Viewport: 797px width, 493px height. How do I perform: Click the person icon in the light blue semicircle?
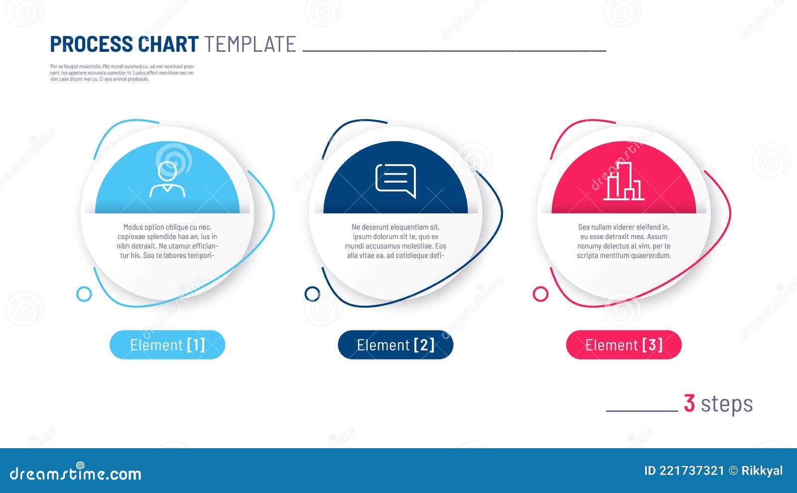(x=167, y=179)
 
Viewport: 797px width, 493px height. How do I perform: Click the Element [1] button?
(x=167, y=345)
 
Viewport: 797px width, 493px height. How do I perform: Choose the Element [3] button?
(x=624, y=345)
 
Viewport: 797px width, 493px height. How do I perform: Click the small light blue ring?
(x=84, y=294)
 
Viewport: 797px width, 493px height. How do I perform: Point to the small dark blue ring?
(x=312, y=294)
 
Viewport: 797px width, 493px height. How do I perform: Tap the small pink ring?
(x=540, y=294)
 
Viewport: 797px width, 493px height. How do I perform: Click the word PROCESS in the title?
(x=92, y=44)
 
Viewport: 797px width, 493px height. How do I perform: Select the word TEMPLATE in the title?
(x=250, y=44)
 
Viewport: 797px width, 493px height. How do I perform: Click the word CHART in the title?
(x=168, y=44)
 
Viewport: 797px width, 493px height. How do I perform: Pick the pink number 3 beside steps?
(x=689, y=403)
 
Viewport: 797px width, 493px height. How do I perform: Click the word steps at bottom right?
(x=727, y=404)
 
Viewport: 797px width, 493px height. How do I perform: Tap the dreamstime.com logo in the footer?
(x=76, y=473)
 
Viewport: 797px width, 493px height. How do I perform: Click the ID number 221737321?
(x=691, y=471)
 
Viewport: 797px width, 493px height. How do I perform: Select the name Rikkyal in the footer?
(x=762, y=471)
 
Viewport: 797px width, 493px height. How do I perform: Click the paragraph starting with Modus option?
(x=167, y=241)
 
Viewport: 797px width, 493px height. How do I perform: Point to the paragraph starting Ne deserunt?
(x=396, y=241)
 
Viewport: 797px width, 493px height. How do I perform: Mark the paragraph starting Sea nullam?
(x=624, y=241)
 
